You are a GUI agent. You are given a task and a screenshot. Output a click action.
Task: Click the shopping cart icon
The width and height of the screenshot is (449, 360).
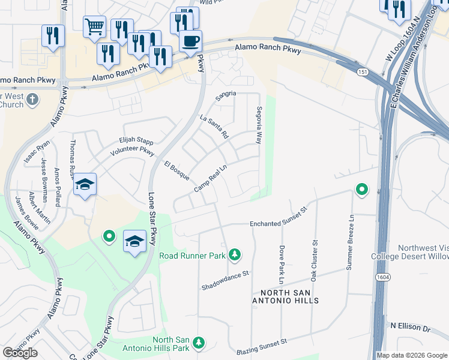94,26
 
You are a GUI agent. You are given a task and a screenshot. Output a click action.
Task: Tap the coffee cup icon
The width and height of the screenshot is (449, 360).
190,41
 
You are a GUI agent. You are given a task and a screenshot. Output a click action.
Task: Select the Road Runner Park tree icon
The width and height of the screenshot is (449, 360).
235,255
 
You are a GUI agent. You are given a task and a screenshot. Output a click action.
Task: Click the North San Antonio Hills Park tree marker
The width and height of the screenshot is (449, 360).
199,343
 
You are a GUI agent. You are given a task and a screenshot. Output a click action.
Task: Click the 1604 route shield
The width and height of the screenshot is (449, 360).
382,277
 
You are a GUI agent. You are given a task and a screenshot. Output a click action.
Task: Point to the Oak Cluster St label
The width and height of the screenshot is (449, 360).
314,261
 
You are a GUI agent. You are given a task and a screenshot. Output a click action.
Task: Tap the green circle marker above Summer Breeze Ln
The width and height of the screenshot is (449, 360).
361,190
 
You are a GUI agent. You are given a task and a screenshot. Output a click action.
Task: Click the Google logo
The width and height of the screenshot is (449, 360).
20,353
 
